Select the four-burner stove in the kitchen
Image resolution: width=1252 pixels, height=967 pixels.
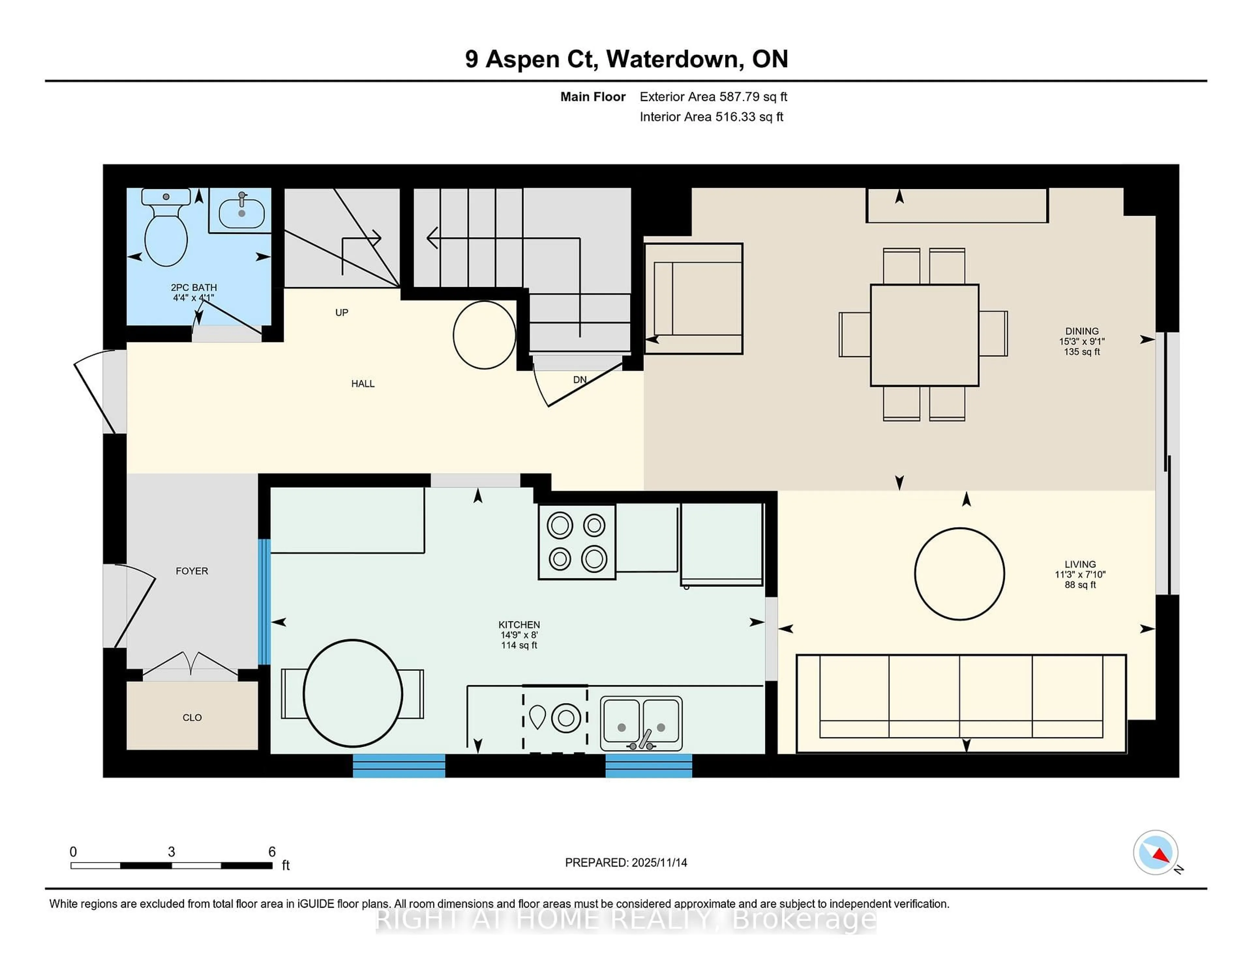point(577,541)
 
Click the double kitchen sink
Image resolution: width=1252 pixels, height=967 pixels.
point(641,724)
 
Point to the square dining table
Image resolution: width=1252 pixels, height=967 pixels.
point(924,335)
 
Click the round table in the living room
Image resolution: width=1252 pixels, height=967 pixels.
point(959,573)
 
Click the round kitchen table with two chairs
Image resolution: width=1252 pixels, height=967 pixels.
point(352,693)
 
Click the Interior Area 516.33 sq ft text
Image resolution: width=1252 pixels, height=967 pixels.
point(711,117)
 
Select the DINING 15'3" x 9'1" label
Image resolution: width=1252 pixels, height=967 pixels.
point(1082,341)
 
